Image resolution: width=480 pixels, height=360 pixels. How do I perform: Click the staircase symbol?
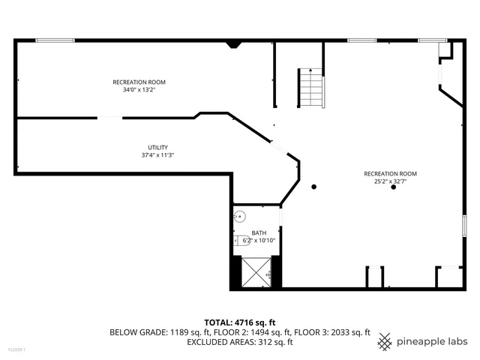pyautogui.click(x=310, y=87)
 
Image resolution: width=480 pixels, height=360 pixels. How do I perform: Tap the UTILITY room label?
pyautogui.click(x=157, y=147)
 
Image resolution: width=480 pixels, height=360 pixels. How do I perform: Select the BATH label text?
pyautogui.click(x=259, y=232)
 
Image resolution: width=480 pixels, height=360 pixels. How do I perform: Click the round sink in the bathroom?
pyautogui.click(x=239, y=217)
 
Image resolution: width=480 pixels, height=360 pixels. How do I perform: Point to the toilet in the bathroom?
pyautogui.click(x=238, y=240)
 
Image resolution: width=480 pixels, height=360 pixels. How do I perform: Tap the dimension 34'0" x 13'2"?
pyautogui.click(x=139, y=90)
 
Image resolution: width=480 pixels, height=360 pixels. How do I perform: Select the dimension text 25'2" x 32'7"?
pyautogui.click(x=390, y=181)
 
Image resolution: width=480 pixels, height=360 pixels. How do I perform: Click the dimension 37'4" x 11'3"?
pyautogui.click(x=157, y=155)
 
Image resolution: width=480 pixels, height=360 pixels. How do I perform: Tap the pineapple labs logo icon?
pyautogui.click(x=385, y=341)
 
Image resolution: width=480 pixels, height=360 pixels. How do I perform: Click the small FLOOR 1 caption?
pyautogui.click(x=16, y=349)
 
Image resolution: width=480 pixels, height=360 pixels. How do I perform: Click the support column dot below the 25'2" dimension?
pyautogui.click(x=393, y=187)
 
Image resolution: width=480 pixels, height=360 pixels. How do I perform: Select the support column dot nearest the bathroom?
pyautogui.click(x=314, y=187)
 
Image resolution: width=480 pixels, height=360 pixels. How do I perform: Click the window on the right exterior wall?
pyautogui.click(x=465, y=225)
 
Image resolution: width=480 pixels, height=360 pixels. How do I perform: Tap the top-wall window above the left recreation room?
pyautogui.click(x=55, y=40)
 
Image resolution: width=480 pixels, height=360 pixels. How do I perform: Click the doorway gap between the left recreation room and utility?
pyautogui.click(x=110, y=117)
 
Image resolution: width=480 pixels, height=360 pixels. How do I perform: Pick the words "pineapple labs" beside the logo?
pyautogui.click(x=432, y=341)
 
